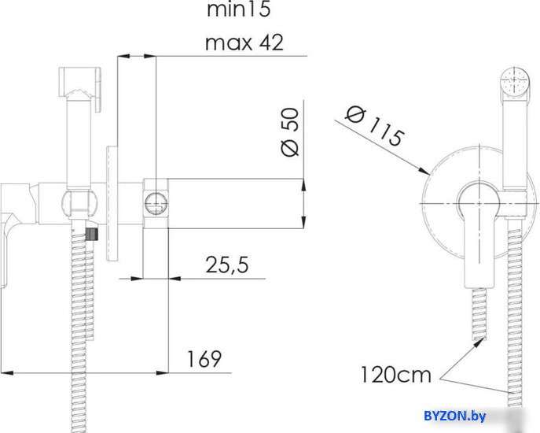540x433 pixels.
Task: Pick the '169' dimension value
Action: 204,359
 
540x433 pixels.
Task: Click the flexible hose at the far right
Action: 515,315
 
